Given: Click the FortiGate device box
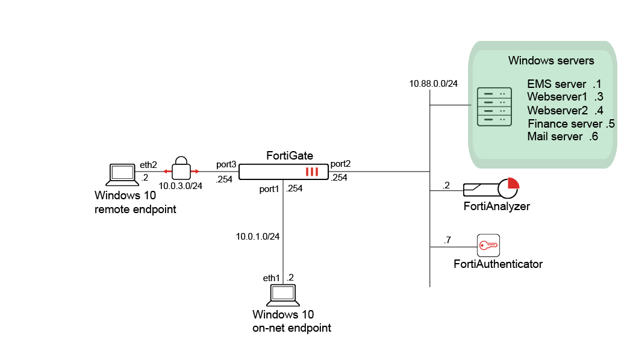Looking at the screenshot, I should (x=283, y=172).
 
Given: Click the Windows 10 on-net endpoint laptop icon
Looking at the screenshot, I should (x=283, y=294).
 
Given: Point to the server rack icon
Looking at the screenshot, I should (x=494, y=107).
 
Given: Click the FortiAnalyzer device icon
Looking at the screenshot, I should (x=491, y=189).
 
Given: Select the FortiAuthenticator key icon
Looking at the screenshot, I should (x=488, y=246).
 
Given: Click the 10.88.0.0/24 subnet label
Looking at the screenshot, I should (x=433, y=84).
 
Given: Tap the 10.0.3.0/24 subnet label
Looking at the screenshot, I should (x=180, y=186).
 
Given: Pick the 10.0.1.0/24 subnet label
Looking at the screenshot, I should (x=258, y=236).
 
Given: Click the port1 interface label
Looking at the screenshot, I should (x=269, y=188).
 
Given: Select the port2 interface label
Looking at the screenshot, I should (x=341, y=164).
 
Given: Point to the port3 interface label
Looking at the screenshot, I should (x=226, y=164).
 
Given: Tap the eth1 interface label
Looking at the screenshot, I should (x=272, y=278).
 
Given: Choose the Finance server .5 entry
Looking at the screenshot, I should (x=570, y=124).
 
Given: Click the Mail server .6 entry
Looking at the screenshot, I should (x=562, y=137).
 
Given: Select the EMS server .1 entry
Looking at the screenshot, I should (x=564, y=84).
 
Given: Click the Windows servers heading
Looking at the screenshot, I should (x=551, y=61).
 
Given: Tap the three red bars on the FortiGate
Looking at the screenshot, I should (x=311, y=172).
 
